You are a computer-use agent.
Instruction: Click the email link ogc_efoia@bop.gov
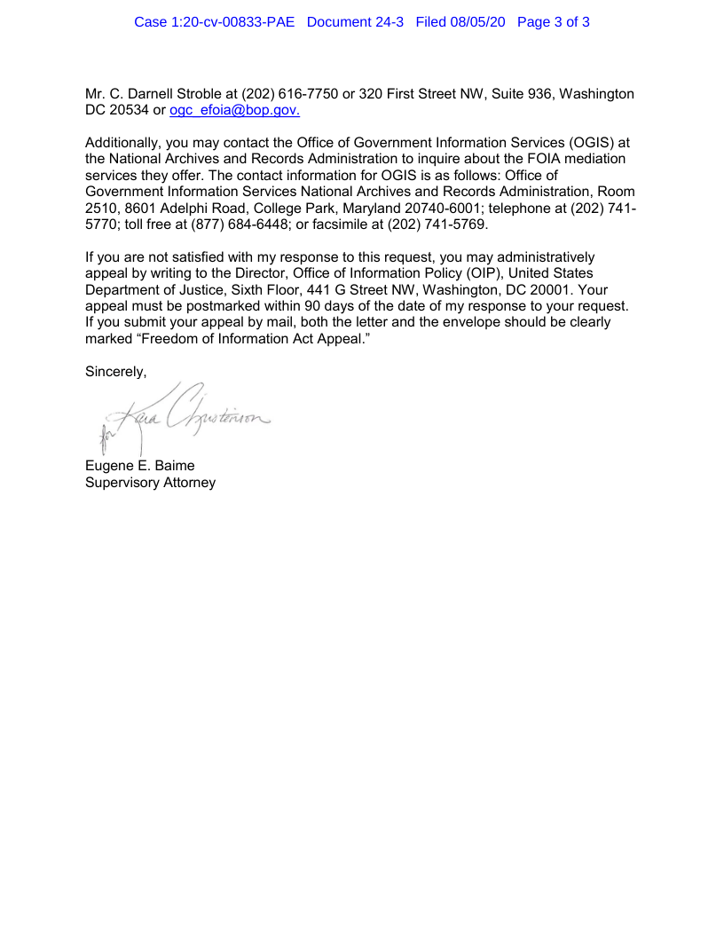(234, 110)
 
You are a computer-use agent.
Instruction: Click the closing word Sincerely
(115, 371)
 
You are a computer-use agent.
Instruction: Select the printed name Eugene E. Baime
(139, 466)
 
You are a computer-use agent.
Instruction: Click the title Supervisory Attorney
(150, 483)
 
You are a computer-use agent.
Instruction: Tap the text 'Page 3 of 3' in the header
(553, 21)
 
